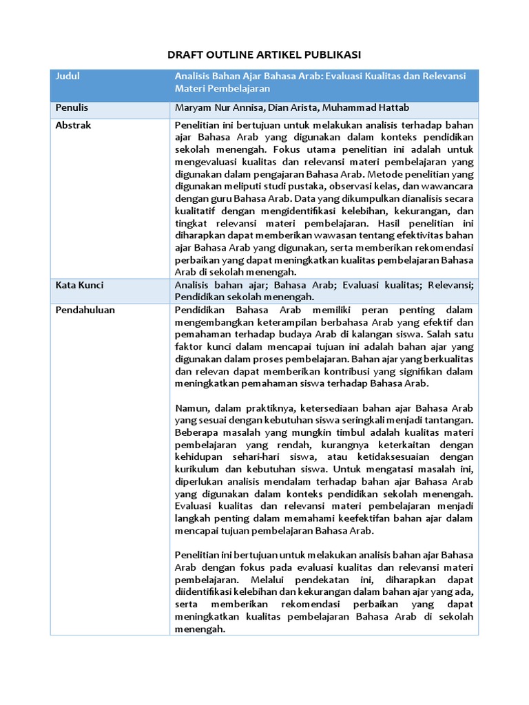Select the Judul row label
point(68,76)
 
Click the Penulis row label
point(72,108)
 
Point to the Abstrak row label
point(73,125)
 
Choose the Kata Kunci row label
point(80,284)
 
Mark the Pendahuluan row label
point(85,310)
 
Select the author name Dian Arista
point(291,108)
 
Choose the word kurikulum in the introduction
point(198,469)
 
